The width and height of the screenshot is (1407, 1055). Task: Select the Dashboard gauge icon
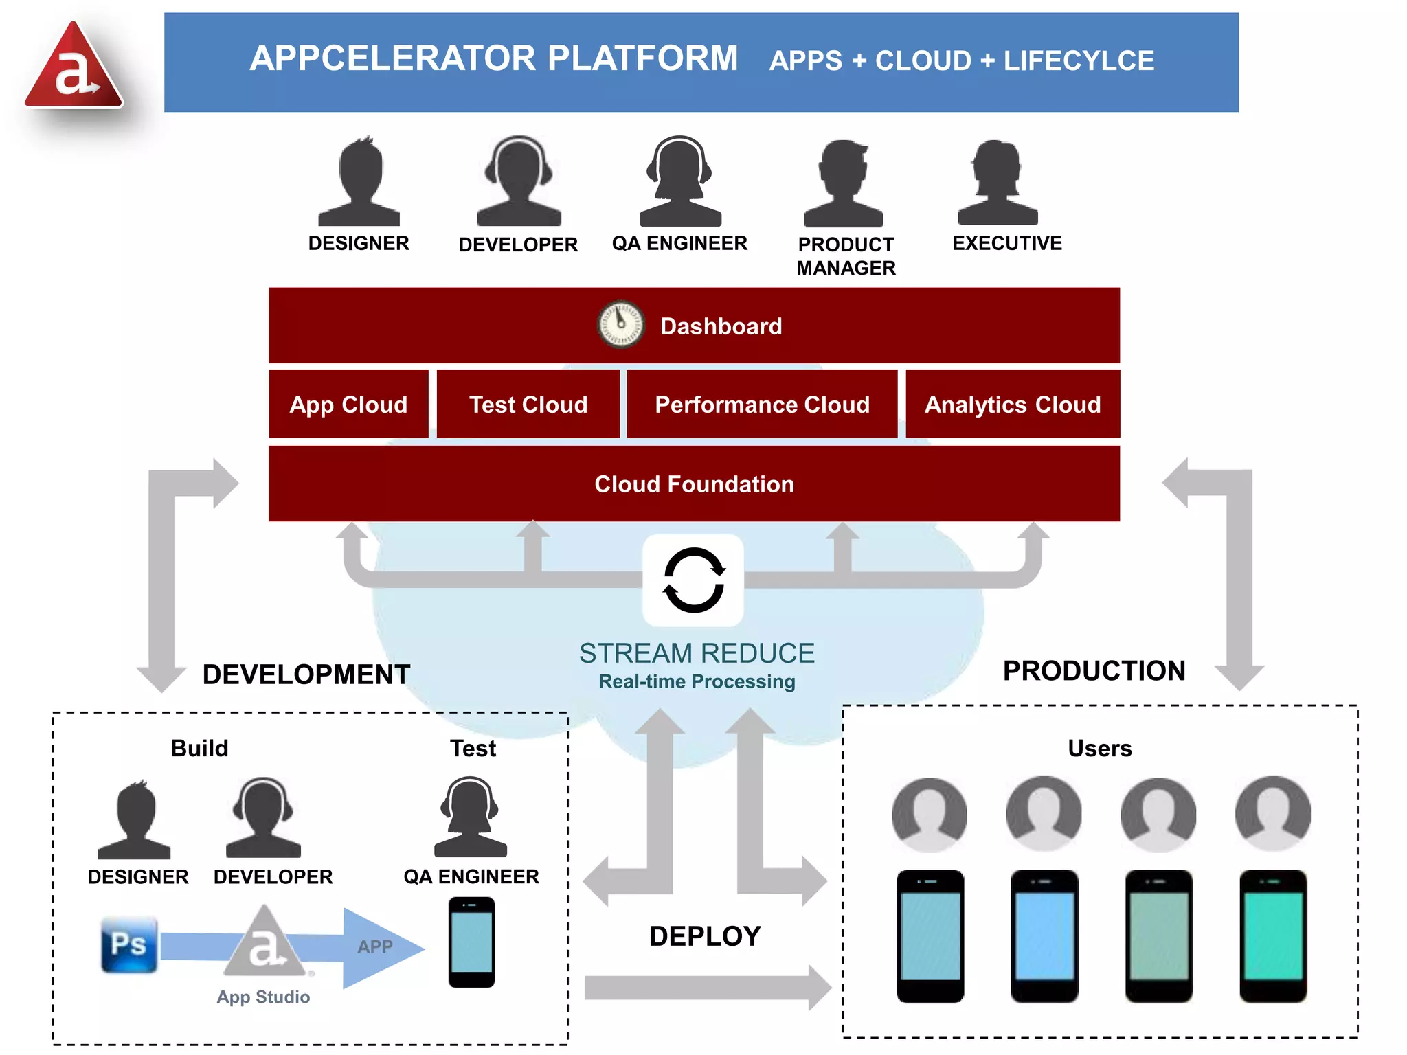[620, 324]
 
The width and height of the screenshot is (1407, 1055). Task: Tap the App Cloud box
[348, 404]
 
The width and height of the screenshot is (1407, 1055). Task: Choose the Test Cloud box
[528, 404]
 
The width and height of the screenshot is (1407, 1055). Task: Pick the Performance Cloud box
[762, 404]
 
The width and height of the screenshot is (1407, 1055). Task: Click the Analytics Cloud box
[1012, 404]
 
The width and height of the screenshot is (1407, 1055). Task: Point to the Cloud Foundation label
[694, 484]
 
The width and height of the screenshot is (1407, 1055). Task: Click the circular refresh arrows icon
[693, 580]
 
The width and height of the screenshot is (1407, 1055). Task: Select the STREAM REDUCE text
[696, 653]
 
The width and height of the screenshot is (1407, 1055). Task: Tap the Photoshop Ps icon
[129, 944]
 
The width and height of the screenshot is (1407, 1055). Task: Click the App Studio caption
[263, 997]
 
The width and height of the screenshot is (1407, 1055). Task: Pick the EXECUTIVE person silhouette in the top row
[998, 183]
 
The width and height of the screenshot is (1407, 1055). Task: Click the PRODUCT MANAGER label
[846, 256]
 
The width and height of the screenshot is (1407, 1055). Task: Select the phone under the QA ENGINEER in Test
[471, 942]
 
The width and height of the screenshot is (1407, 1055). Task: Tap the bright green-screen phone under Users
[1272, 935]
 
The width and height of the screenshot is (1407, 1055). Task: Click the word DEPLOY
[705, 936]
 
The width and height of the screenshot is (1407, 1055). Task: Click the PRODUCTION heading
[1094, 671]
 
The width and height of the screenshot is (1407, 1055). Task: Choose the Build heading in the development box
[199, 748]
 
